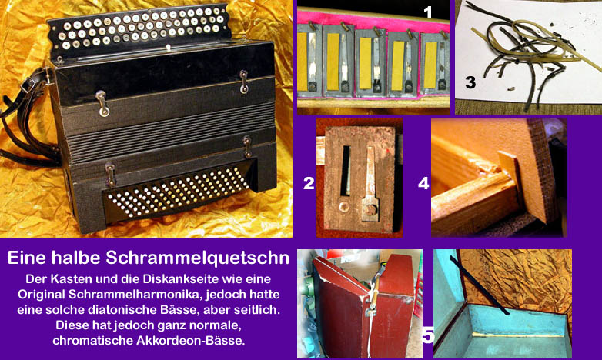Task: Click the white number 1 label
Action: point(428,12)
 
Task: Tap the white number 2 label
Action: point(309,183)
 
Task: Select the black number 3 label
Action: point(470,82)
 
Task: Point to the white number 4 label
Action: point(423,183)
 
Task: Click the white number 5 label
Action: point(428,335)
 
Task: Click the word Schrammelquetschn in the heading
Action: point(197,258)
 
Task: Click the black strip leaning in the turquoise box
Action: point(480,285)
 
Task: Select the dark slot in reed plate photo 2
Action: point(346,170)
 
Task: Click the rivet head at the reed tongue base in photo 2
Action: point(370,209)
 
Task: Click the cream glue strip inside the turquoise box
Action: point(518,335)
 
